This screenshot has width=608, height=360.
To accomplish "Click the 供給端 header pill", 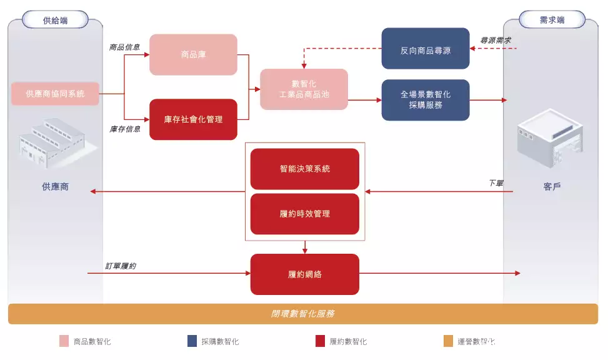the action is point(55,20).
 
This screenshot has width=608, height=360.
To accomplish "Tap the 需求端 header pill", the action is point(552,20).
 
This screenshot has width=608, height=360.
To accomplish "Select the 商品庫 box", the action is point(193,54).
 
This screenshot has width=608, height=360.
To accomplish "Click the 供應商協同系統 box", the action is point(55,94).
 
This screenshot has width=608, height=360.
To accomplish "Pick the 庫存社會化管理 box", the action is point(193,119).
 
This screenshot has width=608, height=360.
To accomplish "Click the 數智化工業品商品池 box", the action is point(304,89).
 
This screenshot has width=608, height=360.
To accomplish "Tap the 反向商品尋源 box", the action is point(426,49).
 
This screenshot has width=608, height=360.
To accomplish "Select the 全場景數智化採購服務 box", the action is point(426,100).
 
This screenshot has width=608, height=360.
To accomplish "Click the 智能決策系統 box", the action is point(305,169).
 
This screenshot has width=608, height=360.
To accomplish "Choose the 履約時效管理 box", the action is point(305,214).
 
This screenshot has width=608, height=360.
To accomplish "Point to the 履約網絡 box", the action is point(305,274).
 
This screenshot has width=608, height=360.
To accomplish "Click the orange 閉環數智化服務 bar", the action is point(303,314).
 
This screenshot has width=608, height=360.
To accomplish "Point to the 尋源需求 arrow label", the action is point(495,41).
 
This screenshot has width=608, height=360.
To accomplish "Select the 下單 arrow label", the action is point(496,182).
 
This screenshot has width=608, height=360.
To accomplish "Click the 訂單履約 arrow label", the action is point(121,266).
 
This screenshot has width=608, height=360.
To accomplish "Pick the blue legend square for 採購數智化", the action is point(192,341).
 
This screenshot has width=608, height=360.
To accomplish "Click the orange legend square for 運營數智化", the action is point(448,341).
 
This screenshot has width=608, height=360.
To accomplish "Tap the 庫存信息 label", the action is point(125,129).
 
